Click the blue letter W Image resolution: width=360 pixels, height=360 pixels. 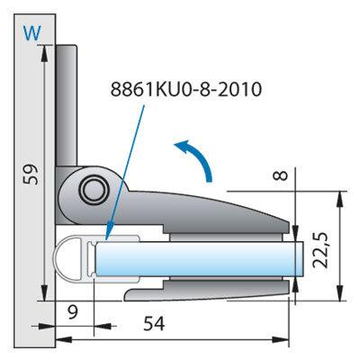click(x=31, y=33)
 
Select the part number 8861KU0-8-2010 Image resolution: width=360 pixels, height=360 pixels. click(x=186, y=89)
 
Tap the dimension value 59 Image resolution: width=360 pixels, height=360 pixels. click(x=31, y=174)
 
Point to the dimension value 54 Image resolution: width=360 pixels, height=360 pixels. click(x=154, y=324)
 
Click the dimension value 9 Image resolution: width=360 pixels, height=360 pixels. click(x=73, y=312)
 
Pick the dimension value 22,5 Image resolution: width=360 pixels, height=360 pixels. click(x=319, y=250)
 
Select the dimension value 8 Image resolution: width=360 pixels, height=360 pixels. click(x=281, y=175)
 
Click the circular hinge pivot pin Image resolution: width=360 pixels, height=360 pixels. click(x=94, y=190)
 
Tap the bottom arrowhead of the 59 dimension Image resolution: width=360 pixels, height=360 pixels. click(x=44, y=292)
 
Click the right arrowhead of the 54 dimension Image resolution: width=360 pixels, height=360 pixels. click(x=281, y=340)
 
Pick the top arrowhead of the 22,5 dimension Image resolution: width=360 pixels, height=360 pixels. click(x=339, y=199)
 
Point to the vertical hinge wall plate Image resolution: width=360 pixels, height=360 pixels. click(x=67, y=105)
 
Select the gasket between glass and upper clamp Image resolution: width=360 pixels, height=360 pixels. click(x=226, y=238)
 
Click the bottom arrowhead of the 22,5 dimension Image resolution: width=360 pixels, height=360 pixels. click(x=339, y=292)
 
